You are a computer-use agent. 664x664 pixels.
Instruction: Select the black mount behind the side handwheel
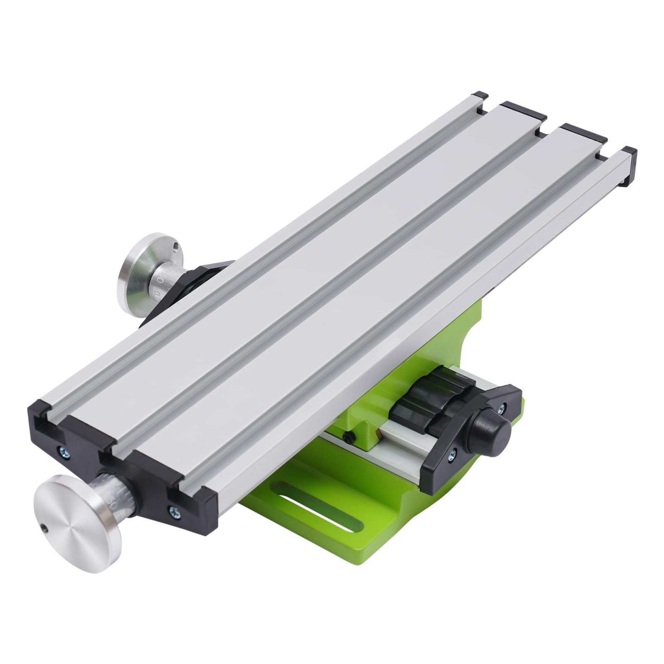(x=195, y=286)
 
